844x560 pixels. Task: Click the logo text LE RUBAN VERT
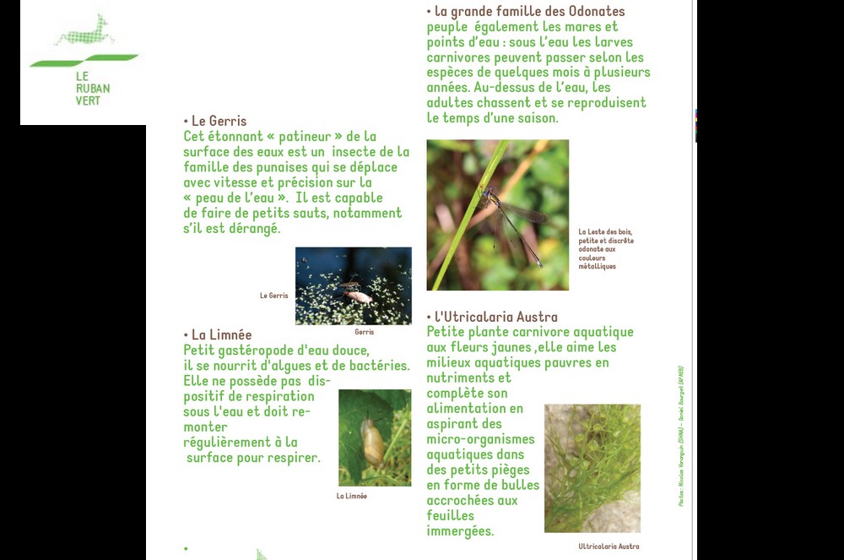92,88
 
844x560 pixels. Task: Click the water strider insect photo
353,285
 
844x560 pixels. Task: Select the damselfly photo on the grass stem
497,215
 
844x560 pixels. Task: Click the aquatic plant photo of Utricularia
592,468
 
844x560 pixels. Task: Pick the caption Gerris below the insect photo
364,332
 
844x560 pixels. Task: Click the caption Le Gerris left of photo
273,296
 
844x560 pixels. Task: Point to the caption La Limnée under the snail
351,496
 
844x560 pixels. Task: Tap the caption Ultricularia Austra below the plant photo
608,546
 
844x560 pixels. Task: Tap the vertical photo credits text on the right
680,435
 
